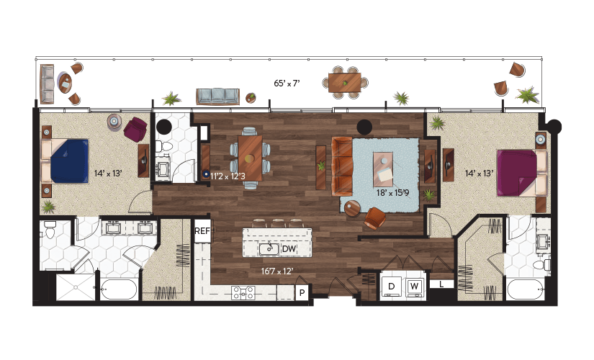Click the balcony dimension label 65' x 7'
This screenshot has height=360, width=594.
coord(287,84)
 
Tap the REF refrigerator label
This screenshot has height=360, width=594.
coord(202,230)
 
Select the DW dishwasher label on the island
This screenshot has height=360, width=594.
coord(289,249)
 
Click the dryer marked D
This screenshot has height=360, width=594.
coord(392,287)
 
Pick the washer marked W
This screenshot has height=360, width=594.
coord(415,287)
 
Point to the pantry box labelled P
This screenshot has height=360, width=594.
coord(302,292)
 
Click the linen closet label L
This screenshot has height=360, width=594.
coord(441,284)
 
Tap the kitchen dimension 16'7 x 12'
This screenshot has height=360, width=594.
coord(277,271)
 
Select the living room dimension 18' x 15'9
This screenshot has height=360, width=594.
coord(393,193)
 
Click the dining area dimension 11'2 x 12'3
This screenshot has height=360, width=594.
coord(228,176)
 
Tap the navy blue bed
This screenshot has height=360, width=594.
coord(68,161)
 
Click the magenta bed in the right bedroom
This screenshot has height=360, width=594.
coord(517,174)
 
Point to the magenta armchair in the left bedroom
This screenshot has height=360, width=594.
coord(135,129)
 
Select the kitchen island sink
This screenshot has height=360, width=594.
coord(269,248)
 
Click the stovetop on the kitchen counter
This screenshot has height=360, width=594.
coord(243,292)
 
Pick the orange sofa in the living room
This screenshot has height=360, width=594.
coord(342,166)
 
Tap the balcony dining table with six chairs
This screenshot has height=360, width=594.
coord(345,82)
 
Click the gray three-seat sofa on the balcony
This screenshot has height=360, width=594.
coord(218,96)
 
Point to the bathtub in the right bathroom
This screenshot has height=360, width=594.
coord(526,289)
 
